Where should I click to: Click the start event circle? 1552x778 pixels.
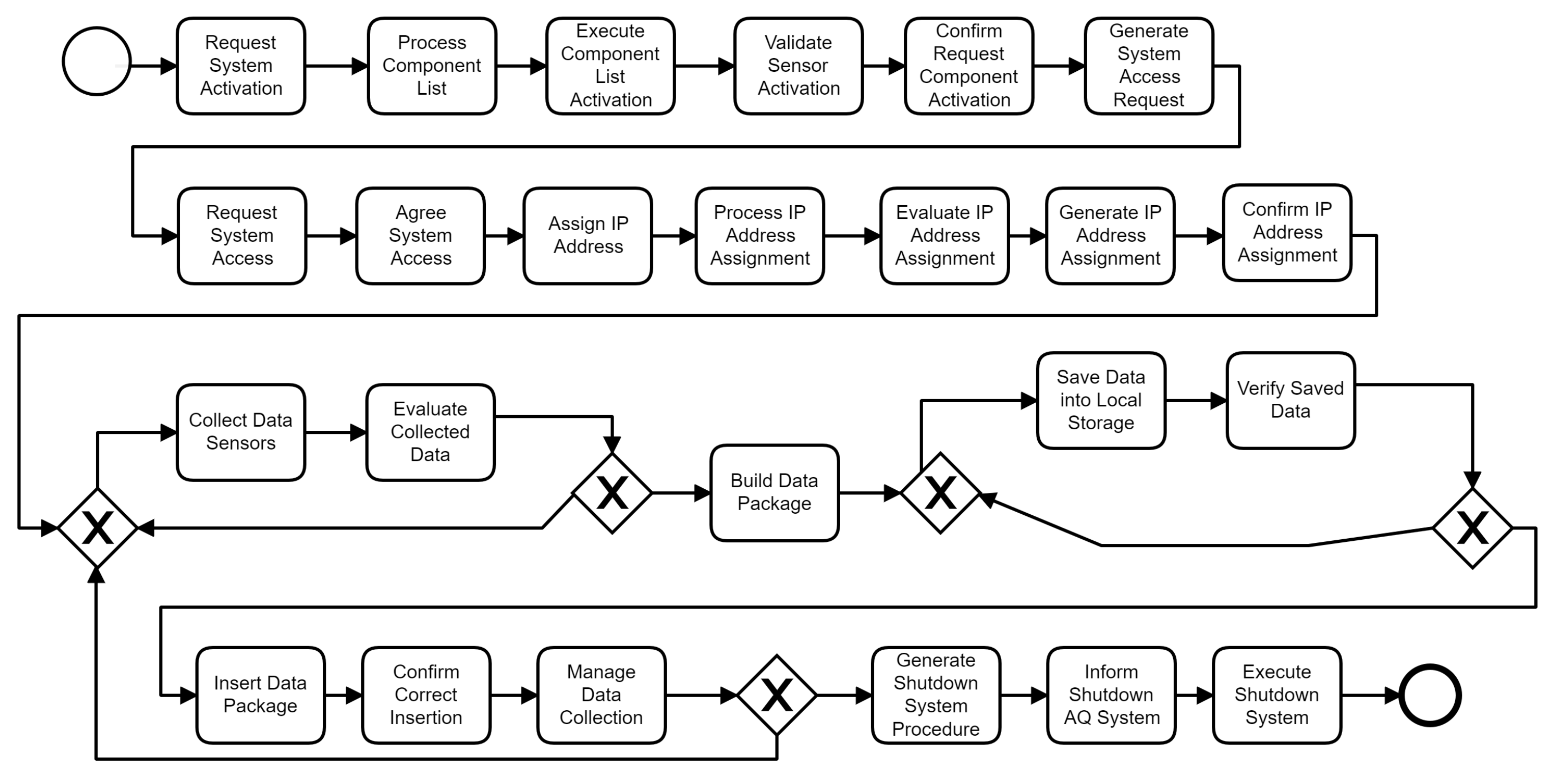tap(96, 61)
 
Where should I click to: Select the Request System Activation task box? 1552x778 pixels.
tap(241, 66)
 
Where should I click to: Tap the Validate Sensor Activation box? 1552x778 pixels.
tap(798, 66)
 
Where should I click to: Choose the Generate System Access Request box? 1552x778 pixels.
tap(1148, 66)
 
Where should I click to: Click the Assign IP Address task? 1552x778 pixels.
tap(588, 236)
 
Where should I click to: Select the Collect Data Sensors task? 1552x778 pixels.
tap(241, 432)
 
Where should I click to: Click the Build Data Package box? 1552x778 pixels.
tap(774, 492)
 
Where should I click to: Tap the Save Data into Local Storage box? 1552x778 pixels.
tap(1101, 400)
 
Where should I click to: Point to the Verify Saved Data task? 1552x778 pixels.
tap(1290, 400)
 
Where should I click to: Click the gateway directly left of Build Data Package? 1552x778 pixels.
tap(612, 493)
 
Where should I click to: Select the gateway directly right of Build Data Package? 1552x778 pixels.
tap(940, 493)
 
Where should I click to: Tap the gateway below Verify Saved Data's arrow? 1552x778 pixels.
tap(1472, 528)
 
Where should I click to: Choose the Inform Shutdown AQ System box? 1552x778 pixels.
tap(1111, 695)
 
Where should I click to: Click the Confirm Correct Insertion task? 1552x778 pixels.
tap(426, 695)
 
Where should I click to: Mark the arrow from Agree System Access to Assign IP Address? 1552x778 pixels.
tap(504, 236)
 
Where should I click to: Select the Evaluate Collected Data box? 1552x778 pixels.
tap(430, 432)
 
